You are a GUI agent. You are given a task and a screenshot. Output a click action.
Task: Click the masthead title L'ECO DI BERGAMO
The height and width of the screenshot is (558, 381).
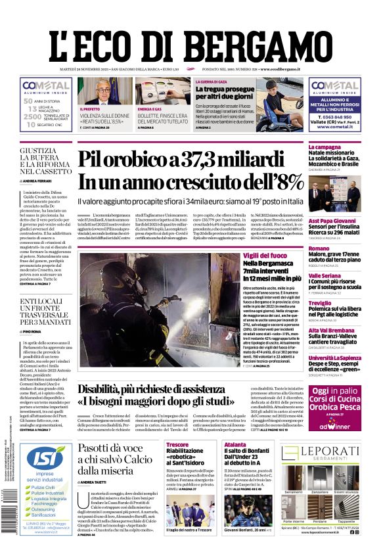(190, 43)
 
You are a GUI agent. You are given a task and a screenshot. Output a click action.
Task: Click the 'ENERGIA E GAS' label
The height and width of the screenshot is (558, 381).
(150, 108)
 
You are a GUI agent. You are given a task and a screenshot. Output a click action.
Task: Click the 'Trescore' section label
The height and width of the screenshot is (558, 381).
(177, 444)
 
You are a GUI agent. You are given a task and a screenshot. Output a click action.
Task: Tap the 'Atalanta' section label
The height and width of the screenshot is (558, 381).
(235, 444)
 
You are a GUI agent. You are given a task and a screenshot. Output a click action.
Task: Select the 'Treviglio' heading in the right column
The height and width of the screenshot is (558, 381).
(320, 303)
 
